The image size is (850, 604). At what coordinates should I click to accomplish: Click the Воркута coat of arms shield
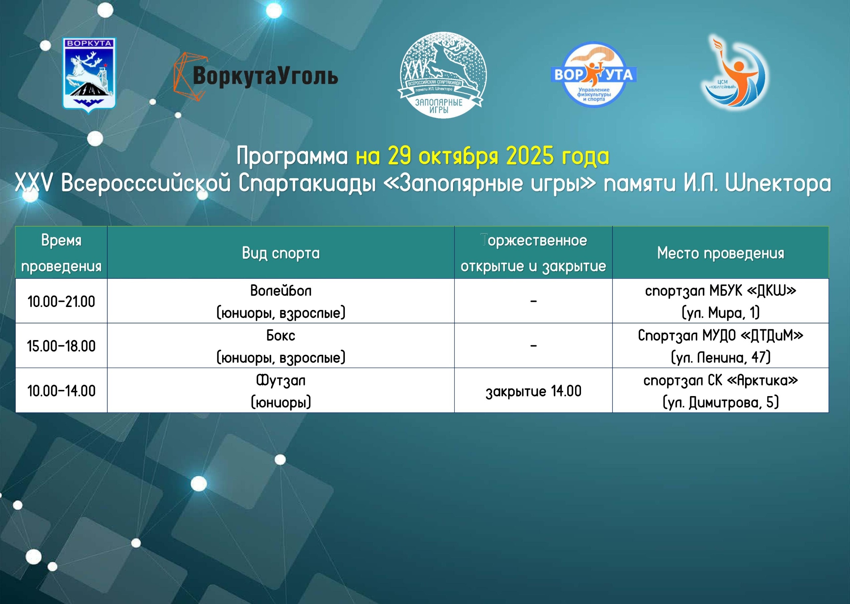click(x=89, y=75)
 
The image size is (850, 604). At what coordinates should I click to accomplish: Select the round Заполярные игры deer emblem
click(x=442, y=75)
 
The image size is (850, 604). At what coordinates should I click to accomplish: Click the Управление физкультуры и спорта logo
click(x=594, y=74)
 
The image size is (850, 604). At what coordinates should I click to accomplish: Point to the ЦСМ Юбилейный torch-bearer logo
click(x=734, y=73)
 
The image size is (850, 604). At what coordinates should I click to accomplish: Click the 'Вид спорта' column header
click(x=281, y=253)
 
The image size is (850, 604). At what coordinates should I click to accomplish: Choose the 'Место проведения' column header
click(x=720, y=253)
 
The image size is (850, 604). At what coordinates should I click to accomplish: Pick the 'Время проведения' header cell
click(x=61, y=253)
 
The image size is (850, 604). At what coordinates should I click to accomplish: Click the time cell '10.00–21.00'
click(x=61, y=301)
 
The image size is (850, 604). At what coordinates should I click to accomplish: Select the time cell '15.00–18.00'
click(x=61, y=346)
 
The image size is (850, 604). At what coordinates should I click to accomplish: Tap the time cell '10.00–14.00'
click(x=61, y=390)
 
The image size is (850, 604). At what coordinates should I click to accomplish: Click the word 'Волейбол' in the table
click(x=281, y=290)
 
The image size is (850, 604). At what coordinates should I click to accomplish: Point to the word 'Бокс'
click(x=281, y=335)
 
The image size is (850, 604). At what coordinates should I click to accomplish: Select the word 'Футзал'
click(x=281, y=380)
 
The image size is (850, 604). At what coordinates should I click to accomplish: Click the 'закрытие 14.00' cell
click(x=534, y=391)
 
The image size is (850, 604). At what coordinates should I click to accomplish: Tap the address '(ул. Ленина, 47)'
click(x=720, y=357)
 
